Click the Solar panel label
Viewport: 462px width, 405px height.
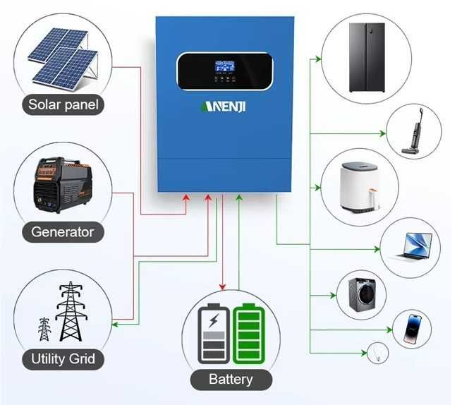[63, 106]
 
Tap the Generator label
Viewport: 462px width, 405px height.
[62, 231]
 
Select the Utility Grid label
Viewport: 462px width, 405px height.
[63, 358]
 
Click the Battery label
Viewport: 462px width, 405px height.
[231, 380]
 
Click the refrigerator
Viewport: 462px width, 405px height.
[367, 57]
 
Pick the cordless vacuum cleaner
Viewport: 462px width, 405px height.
[412, 131]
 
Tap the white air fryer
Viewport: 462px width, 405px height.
[360, 188]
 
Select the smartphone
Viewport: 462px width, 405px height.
[413, 329]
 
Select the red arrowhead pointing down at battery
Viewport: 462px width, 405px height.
[223, 286]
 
